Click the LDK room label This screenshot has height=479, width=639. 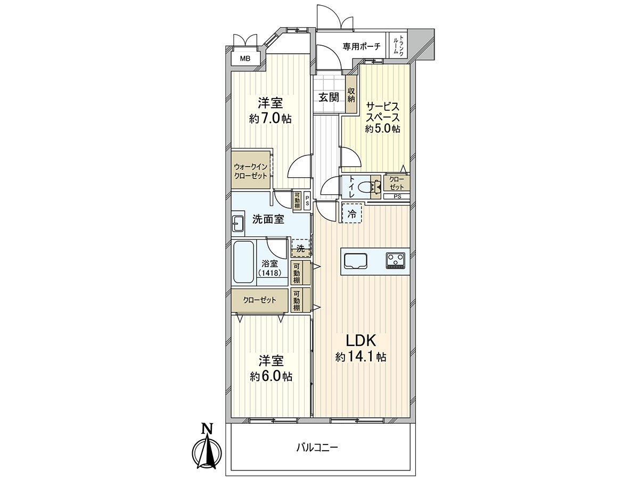point(362,340)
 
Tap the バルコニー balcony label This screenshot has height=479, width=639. point(317,448)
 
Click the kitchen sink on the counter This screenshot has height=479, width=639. point(356,261)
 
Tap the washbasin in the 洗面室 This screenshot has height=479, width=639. point(237,224)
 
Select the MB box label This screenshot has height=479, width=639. point(244,59)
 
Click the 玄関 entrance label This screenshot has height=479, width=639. point(329,97)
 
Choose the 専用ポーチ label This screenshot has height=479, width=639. point(362,47)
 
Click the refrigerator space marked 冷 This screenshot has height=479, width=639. point(351,214)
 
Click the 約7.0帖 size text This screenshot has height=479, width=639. point(270,118)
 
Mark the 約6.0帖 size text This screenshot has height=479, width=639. point(271,376)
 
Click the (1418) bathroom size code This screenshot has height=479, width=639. point(270,273)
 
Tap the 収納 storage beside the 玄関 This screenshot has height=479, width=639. point(351,96)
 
